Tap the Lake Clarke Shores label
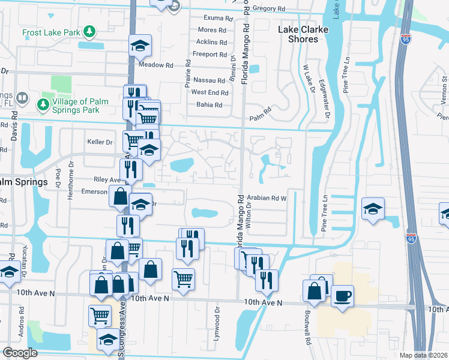(x=298, y=34)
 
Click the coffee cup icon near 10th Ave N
(x=342, y=296)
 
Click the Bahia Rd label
(x=209, y=104)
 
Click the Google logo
(x=20, y=353)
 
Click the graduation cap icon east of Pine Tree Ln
(x=373, y=209)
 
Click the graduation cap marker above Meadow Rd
(x=140, y=46)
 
